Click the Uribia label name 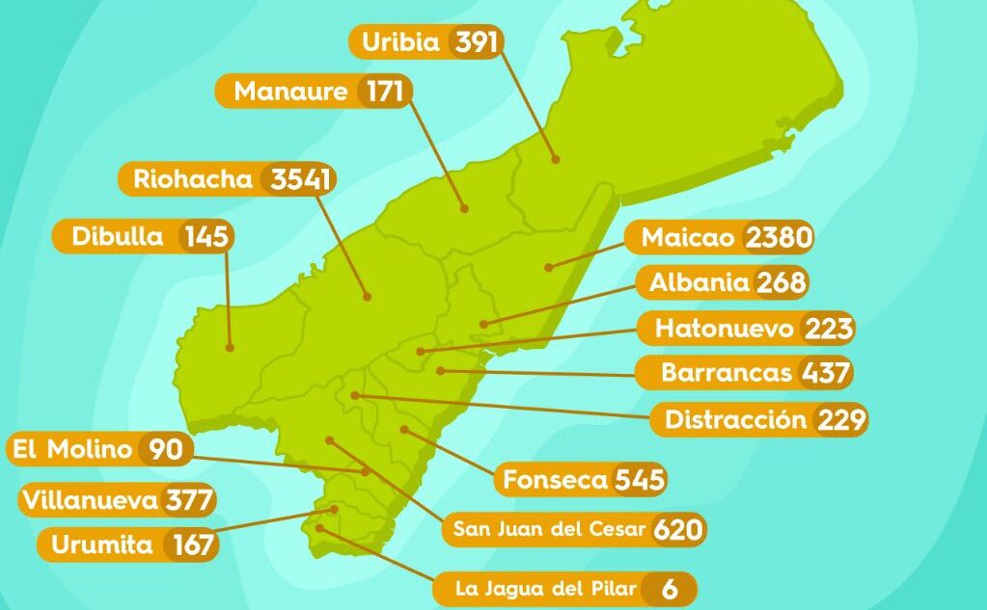tap(400, 42)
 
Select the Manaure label tap(290, 92)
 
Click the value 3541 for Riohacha tap(301, 179)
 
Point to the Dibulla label tap(118, 236)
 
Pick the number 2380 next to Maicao tap(779, 237)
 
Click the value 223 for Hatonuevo tap(826, 329)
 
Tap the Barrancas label tap(726, 372)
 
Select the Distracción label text tap(735, 420)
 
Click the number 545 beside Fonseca tap(639, 479)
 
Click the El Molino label tap(70, 449)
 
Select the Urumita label tap(101, 544)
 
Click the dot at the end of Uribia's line tap(555, 159)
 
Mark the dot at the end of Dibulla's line tap(231, 347)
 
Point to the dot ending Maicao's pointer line tap(547, 267)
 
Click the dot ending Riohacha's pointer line tap(368, 296)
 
